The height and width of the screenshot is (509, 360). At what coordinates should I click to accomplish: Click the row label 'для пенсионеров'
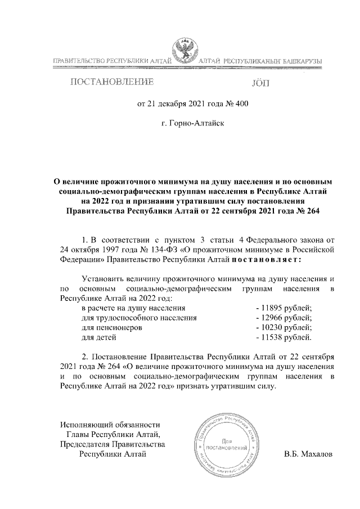click(111, 327)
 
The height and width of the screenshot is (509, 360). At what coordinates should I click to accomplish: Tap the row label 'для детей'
click(99, 337)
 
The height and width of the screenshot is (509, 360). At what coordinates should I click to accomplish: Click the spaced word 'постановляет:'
click(267, 259)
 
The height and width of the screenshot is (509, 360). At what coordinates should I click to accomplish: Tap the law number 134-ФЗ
click(144, 250)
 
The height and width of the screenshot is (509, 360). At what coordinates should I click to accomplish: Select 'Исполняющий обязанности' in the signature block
click(110, 424)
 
